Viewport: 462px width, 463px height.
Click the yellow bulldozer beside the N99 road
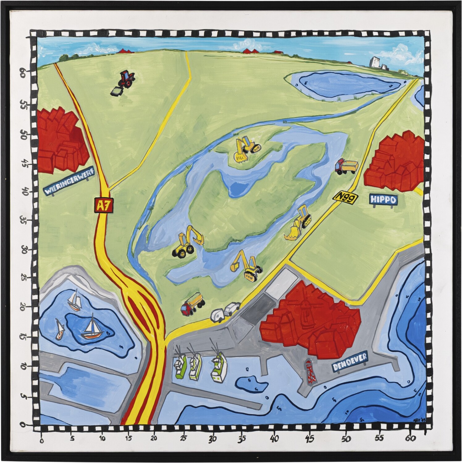pyautogui.click(x=298, y=223)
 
